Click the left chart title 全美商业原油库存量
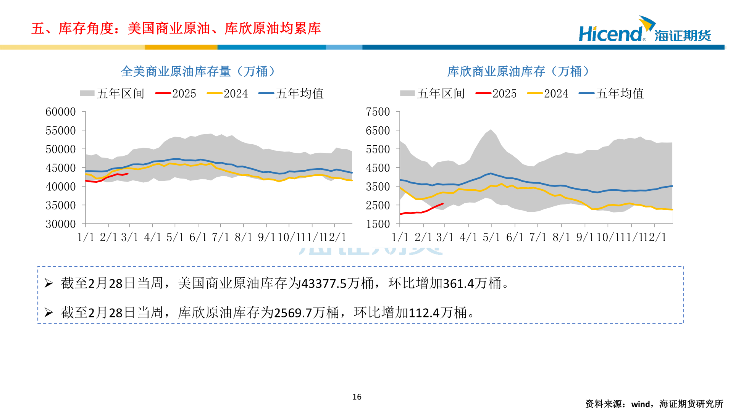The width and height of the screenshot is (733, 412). (x=176, y=71)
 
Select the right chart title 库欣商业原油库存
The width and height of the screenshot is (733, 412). (x=496, y=71)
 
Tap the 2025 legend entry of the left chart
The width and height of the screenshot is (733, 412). (x=176, y=93)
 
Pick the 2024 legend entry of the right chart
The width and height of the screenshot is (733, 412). (x=548, y=93)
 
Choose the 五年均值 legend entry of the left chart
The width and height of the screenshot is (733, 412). (x=291, y=93)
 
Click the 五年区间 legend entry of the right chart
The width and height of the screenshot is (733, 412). (x=433, y=93)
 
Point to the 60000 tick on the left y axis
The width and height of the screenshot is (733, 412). (x=61, y=112)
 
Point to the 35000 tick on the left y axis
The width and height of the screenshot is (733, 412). (x=61, y=205)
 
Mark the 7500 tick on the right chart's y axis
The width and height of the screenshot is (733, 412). (x=378, y=112)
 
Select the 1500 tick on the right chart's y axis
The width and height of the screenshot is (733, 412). (x=378, y=224)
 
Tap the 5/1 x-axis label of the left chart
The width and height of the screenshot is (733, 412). (x=175, y=237)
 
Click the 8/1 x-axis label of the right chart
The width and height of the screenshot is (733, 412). (x=561, y=237)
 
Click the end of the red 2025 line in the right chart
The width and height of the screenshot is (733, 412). (x=443, y=204)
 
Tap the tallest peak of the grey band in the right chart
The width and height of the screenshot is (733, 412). (x=491, y=130)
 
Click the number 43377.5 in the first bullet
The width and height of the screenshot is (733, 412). (x=324, y=283)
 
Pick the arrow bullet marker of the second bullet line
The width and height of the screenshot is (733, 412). (x=48, y=313)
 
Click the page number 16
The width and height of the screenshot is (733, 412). (x=357, y=397)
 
